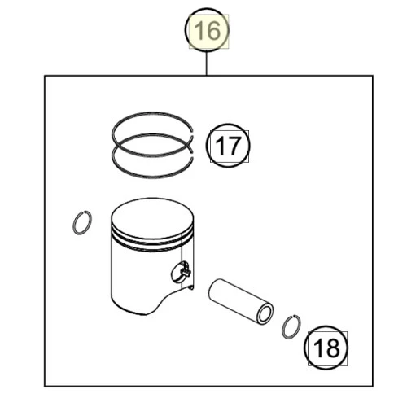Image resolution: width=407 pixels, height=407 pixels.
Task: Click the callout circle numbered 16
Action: click(x=207, y=8)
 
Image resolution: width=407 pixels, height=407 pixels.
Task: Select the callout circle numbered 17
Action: click(x=228, y=125)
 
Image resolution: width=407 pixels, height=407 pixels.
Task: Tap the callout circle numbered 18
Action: click(x=326, y=326)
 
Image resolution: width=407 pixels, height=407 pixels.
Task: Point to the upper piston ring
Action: click(x=152, y=112)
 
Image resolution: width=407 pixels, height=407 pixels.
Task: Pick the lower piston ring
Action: click(x=152, y=177)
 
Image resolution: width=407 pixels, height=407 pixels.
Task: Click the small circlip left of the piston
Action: click(x=74, y=222)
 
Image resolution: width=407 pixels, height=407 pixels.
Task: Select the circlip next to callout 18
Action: click(x=283, y=327)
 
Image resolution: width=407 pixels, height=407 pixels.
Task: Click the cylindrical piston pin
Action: click(x=240, y=301)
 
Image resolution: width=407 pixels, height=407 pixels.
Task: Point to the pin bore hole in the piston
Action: click(x=180, y=272)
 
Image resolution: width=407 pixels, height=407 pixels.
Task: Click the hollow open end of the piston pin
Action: click(x=265, y=315)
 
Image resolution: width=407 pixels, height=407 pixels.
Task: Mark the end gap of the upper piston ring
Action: click(x=192, y=133)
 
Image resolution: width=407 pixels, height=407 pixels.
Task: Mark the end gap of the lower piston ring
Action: click(x=192, y=155)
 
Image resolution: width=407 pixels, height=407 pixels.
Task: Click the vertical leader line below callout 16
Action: click(x=207, y=63)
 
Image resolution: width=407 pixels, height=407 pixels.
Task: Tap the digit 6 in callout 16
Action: click(x=214, y=31)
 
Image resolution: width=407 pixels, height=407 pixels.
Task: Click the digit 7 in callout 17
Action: click(x=234, y=146)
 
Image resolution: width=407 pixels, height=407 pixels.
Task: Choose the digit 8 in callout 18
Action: click(x=333, y=348)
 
